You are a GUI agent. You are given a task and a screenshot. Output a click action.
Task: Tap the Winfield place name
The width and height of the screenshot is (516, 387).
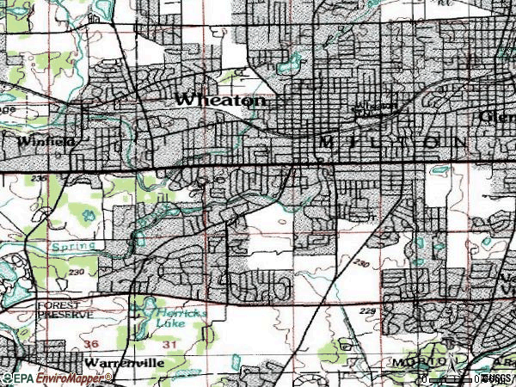click(40, 139)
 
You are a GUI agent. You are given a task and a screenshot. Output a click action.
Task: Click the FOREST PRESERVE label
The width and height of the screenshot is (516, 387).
click(64, 310)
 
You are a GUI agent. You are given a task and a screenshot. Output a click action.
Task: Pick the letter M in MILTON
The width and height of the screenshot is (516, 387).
click(325, 141)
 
